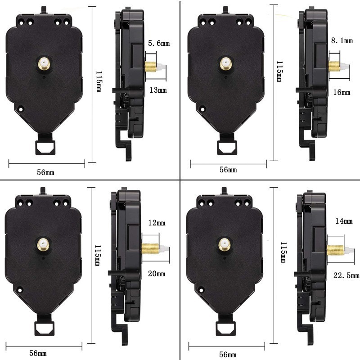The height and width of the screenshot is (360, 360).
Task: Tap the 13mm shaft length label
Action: pos(157,90)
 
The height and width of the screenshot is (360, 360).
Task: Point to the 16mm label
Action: pos(342,92)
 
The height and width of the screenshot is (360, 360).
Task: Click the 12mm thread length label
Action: pos(156,223)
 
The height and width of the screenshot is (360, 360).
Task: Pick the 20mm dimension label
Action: pos(156,274)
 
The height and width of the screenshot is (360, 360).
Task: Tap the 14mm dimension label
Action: pos(343,221)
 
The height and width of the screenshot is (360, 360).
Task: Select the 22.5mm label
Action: pos(347,275)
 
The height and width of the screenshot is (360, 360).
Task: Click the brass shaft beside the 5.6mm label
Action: pos(150,67)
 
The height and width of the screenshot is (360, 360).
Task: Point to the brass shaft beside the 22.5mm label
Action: pos(335,250)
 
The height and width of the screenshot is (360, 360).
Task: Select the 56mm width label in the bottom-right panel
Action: pos(228,354)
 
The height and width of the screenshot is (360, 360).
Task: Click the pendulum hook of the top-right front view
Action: pos(226,147)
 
